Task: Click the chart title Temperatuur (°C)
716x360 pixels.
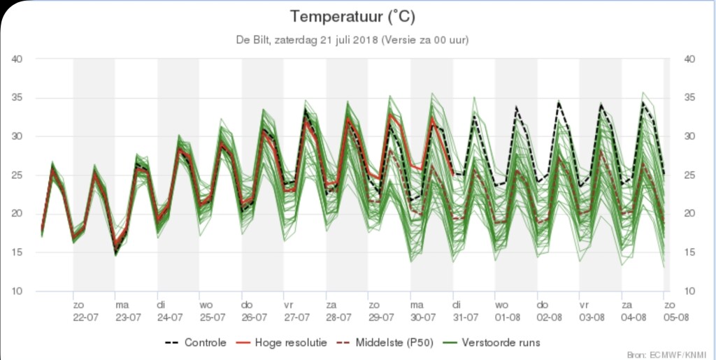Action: click(x=357, y=15)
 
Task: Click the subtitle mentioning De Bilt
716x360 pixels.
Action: click(x=357, y=40)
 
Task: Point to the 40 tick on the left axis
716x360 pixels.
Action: click(x=19, y=59)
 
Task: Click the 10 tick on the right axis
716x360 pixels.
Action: click(x=687, y=291)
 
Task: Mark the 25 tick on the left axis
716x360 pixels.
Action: click(x=19, y=175)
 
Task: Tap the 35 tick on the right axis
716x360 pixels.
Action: click(x=687, y=98)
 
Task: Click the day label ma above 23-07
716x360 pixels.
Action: click(x=122, y=305)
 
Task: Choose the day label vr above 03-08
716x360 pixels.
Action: click(x=585, y=305)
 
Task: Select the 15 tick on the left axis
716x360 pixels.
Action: click(x=19, y=252)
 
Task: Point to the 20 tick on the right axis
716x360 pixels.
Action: click(x=687, y=214)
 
